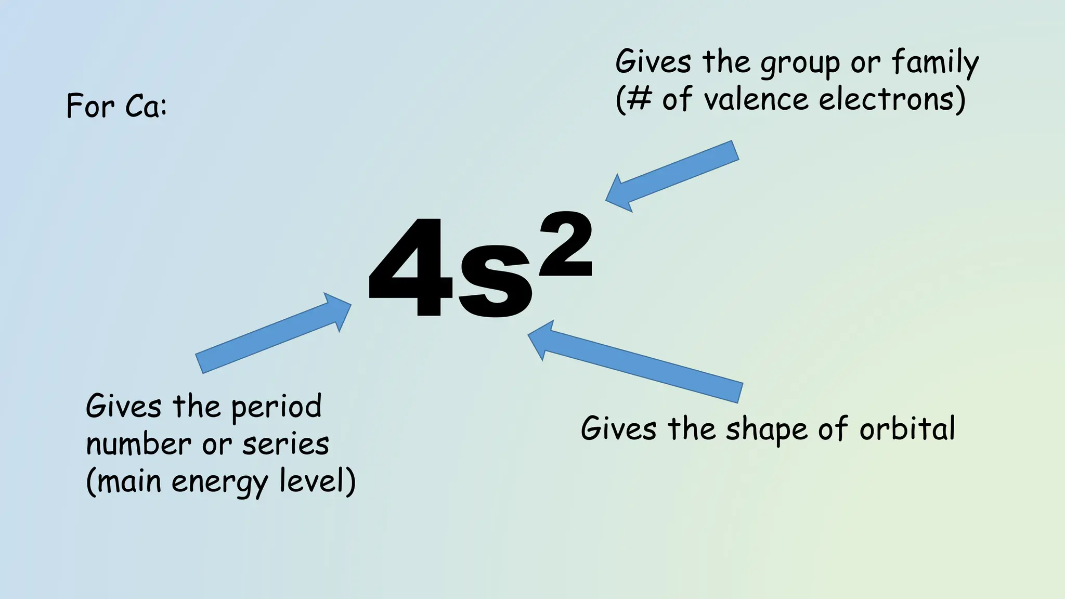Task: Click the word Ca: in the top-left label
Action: click(x=146, y=106)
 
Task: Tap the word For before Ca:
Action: click(x=90, y=106)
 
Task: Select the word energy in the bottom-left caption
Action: click(x=219, y=483)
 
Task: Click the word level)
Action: click(x=317, y=481)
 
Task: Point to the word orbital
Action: click(x=907, y=429)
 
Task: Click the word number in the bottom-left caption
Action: click(x=138, y=445)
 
